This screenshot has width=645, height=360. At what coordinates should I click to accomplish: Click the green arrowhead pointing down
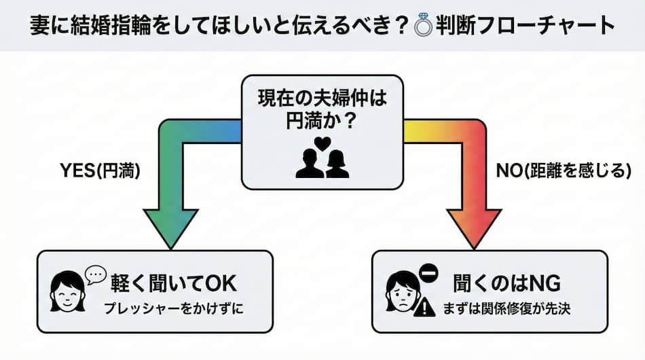pos(170,230)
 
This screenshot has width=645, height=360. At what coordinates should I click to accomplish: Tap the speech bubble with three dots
pos(96,273)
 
